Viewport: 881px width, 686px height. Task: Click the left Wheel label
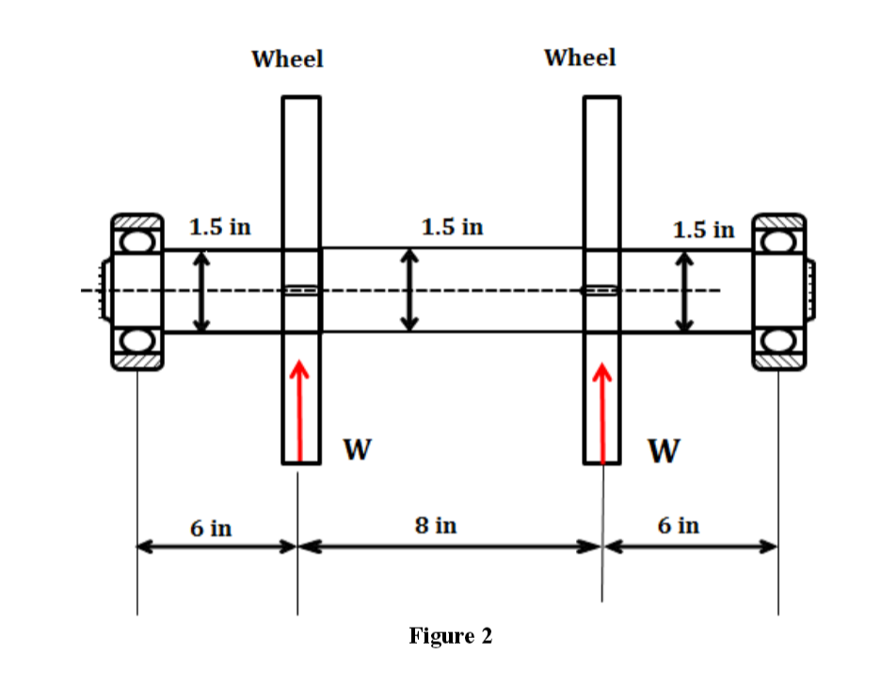tap(287, 59)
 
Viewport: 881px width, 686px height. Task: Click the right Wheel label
tap(580, 57)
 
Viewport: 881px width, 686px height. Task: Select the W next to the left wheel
tap(355, 451)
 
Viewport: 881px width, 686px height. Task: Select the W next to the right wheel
tap(663, 452)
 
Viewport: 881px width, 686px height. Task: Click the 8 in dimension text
tap(435, 525)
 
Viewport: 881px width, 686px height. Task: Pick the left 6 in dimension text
tap(211, 527)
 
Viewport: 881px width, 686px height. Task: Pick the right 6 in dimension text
tap(678, 525)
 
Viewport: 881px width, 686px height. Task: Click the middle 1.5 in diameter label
tap(452, 227)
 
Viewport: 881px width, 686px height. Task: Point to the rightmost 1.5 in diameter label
tap(704, 229)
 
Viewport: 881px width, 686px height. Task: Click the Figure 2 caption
tap(450, 636)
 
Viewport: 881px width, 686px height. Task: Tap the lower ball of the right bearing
tap(779, 340)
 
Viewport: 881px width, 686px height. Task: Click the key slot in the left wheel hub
tap(301, 291)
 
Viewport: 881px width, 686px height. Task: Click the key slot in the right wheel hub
tap(601, 290)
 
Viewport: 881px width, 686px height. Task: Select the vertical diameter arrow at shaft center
tap(408, 290)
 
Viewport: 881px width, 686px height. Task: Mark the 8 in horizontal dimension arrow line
tap(450, 546)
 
